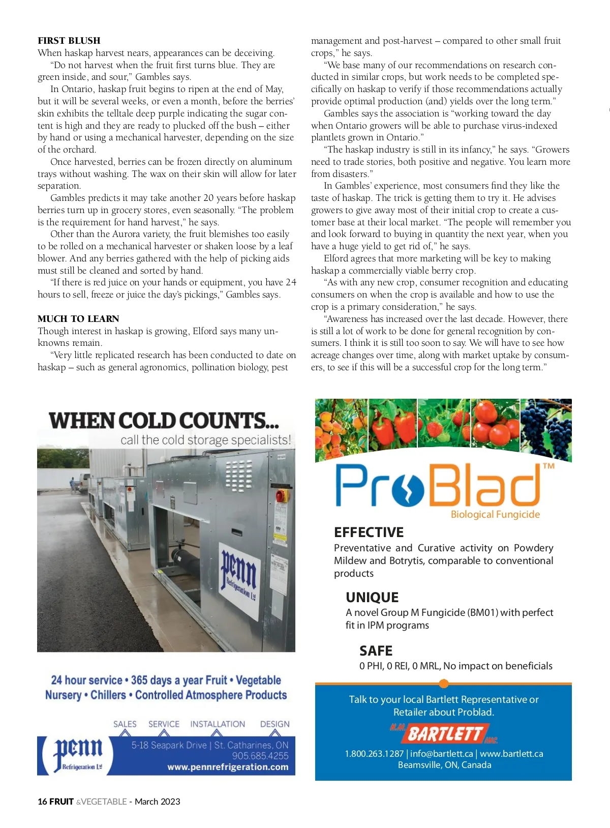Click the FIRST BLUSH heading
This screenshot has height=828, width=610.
[69, 41]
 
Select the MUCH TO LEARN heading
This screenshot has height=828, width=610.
[78, 319]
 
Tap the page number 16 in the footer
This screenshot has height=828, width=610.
[42, 802]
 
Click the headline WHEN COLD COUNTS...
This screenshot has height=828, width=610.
[164, 421]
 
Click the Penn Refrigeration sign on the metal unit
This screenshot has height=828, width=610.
[239, 573]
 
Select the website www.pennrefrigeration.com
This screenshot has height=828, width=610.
[228, 767]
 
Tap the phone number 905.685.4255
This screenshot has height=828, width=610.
[260, 756]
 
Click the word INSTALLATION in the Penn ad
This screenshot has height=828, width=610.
[218, 724]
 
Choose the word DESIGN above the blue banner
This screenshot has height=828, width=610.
[274, 724]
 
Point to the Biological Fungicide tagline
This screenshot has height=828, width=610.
[495, 515]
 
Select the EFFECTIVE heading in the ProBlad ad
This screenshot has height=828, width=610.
[369, 533]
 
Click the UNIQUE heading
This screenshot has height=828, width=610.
[372, 598]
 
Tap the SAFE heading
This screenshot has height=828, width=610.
[376, 651]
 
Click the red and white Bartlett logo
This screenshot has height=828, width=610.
[444, 734]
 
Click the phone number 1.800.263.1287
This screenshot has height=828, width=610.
[374, 754]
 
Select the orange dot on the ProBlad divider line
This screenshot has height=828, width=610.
[443, 683]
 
